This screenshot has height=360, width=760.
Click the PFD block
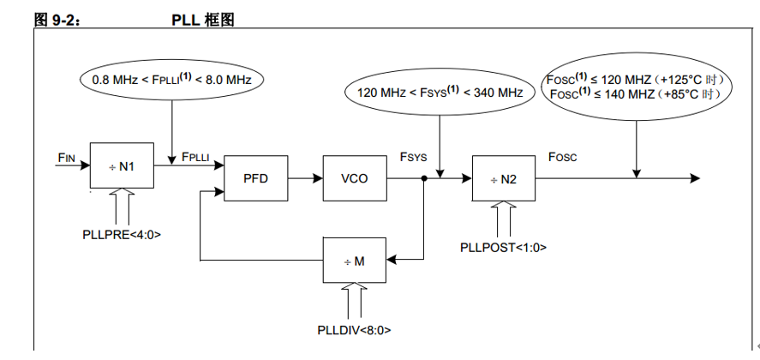click(255, 178)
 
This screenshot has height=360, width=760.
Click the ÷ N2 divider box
click(504, 179)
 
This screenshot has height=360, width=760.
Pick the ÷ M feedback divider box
click(355, 260)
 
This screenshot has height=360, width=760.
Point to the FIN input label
click(67, 156)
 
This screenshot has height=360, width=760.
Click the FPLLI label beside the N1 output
click(195, 156)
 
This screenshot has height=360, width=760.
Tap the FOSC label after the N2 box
click(562, 157)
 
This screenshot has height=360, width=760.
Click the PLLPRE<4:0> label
click(122, 233)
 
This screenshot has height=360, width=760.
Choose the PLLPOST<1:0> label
click(504, 247)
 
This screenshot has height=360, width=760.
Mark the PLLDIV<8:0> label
click(355, 328)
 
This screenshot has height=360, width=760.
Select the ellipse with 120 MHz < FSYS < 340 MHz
click(439, 91)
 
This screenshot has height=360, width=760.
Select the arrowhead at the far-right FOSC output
click(695, 178)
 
